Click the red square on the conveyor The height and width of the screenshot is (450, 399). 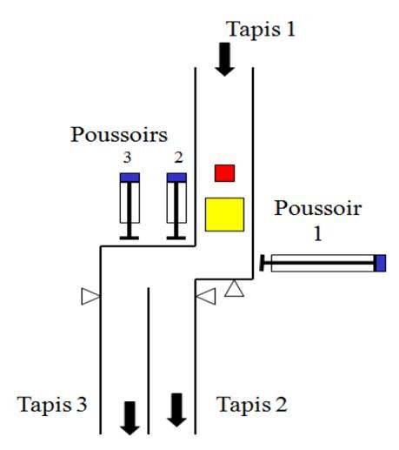(224, 173)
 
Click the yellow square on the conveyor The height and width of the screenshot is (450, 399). (224, 214)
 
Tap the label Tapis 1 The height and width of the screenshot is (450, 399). (261, 30)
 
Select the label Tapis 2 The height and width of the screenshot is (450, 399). (252, 404)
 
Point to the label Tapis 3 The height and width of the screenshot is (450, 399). (52, 404)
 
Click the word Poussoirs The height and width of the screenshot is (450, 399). (119, 135)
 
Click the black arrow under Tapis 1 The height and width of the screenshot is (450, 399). (224, 59)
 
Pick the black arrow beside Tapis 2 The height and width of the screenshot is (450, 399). (176, 410)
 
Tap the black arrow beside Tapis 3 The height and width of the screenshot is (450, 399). (130, 418)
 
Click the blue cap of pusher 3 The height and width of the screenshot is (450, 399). (130, 178)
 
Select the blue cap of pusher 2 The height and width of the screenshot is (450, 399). (176, 178)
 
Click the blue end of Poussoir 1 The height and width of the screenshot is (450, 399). (380, 263)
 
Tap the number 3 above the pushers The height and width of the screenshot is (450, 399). (127, 158)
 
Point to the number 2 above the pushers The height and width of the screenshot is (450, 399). (178, 158)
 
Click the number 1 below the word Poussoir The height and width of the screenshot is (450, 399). (318, 233)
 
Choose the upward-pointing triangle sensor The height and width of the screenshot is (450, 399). (234, 290)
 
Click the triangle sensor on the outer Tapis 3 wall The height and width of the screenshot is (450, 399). (90, 296)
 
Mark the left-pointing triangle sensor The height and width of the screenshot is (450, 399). (207, 296)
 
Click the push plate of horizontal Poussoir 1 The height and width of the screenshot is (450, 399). (262, 263)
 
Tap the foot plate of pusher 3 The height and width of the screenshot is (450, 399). (130, 238)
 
